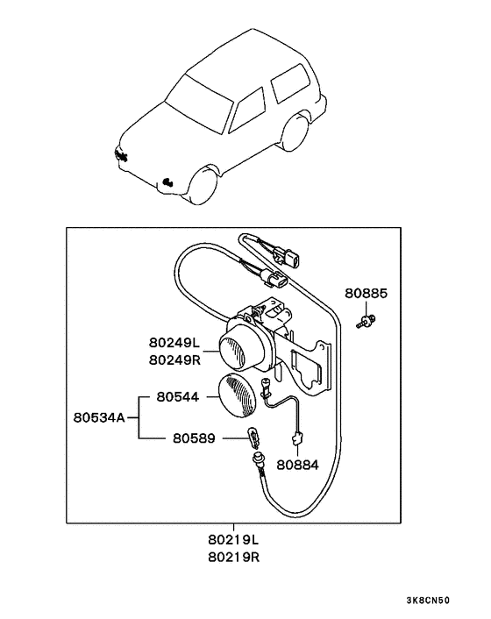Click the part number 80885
tap(365, 293)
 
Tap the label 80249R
tap(175, 359)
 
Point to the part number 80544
tap(178, 396)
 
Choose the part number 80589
tap(194, 436)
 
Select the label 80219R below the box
tap(233, 557)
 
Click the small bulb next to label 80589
tap(253, 435)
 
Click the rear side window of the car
tap(286, 82)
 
